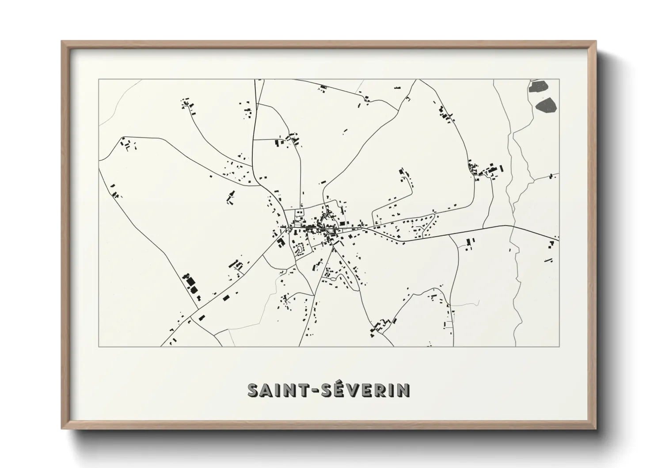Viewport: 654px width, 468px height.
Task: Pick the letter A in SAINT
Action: coord(266,390)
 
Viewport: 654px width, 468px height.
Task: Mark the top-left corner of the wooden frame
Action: coord(62,41)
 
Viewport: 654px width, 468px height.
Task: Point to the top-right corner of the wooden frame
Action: coord(596,41)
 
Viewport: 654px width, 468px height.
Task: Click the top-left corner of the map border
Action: coord(99,79)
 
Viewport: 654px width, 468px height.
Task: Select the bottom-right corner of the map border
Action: coord(559,346)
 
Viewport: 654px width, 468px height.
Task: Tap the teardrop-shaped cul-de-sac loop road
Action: coord(300,250)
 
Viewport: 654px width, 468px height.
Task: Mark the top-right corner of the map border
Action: coord(559,79)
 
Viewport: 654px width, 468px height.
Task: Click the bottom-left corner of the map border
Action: coord(99,346)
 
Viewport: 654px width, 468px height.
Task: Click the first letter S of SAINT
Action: coord(253,390)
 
